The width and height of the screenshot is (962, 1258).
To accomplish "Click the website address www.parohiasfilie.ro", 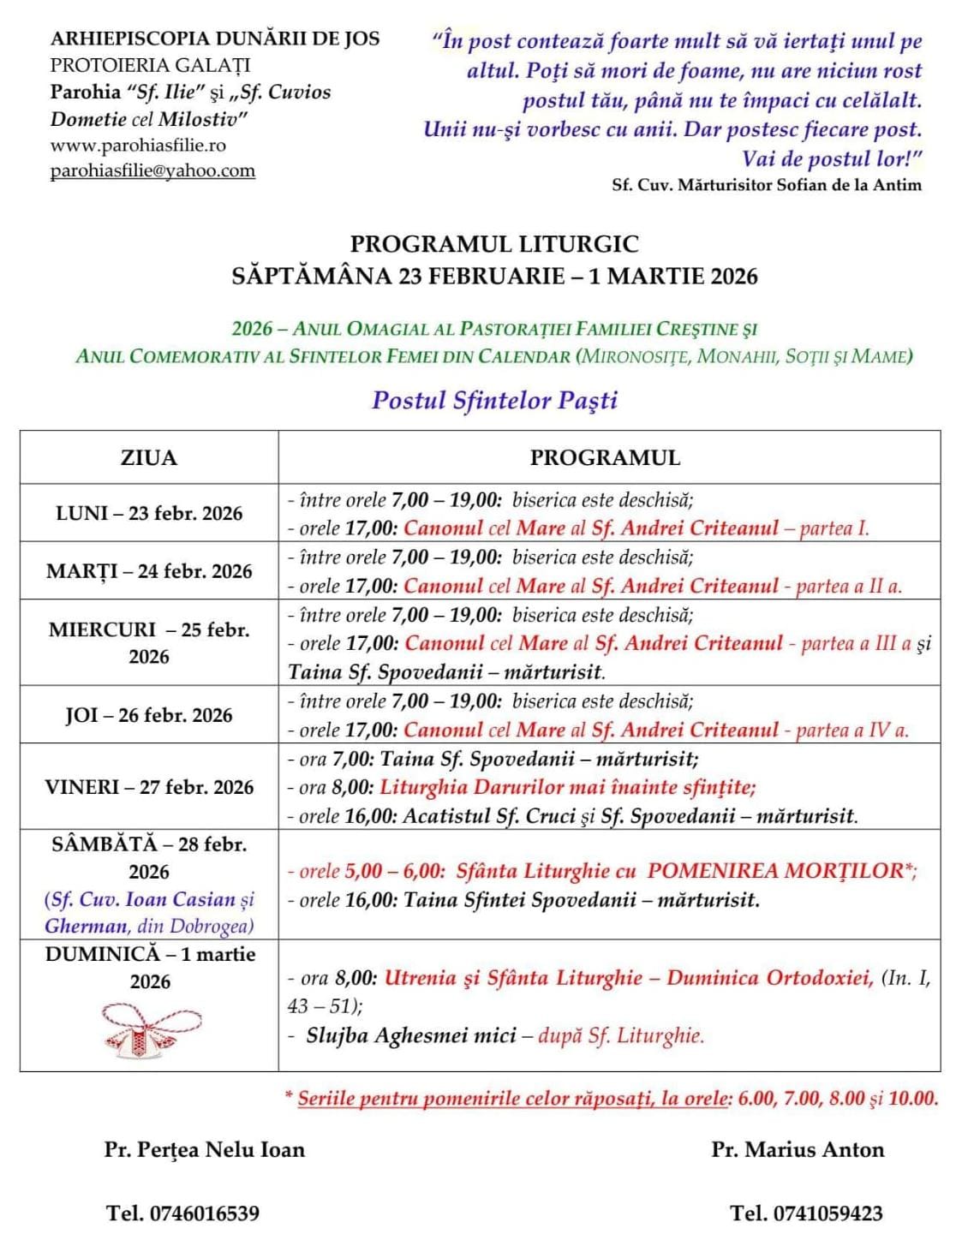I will pyautogui.click(x=138, y=145).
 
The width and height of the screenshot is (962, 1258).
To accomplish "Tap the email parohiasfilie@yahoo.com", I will pyautogui.click(x=152, y=170).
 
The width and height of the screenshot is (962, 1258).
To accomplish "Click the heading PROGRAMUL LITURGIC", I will pyautogui.click(x=494, y=244).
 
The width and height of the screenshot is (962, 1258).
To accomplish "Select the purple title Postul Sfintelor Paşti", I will pyautogui.click(x=494, y=400).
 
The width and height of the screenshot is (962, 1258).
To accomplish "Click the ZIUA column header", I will pyautogui.click(x=148, y=457).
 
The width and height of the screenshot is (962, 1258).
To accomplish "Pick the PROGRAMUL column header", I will pyautogui.click(x=605, y=457).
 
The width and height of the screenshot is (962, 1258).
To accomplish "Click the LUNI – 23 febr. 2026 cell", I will pyautogui.click(x=149, y=513).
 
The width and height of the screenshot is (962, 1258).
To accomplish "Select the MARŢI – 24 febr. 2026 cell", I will pyautogui.click(x=149, y=571).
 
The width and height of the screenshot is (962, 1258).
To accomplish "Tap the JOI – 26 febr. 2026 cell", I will pyautogui.click(x=149, y=715).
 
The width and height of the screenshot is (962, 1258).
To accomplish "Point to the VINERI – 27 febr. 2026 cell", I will pyautogui.click(x=149, y=787).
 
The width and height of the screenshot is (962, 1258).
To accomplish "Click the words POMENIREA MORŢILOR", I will pyautogui.click(x=775, y=871).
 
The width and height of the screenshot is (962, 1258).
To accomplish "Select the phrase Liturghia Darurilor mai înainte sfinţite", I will pyautogui.click(x=567, y=786).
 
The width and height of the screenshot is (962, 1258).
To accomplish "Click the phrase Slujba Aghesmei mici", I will pyautogui.click(x=411, y=1035).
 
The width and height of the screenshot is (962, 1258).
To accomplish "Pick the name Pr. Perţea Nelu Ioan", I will pyautogui.click(x=205, y=1149).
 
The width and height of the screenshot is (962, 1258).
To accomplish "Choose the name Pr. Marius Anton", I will pyautogui.click(x=798, y=1149).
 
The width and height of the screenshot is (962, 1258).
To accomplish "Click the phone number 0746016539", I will pyautogui.click(x=205, y=1213).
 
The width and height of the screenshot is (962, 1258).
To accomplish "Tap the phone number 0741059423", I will pyautogui.click(x=828, y=1213).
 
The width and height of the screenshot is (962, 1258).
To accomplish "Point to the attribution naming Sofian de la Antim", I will pyautogui.click(x=767, y=184).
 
